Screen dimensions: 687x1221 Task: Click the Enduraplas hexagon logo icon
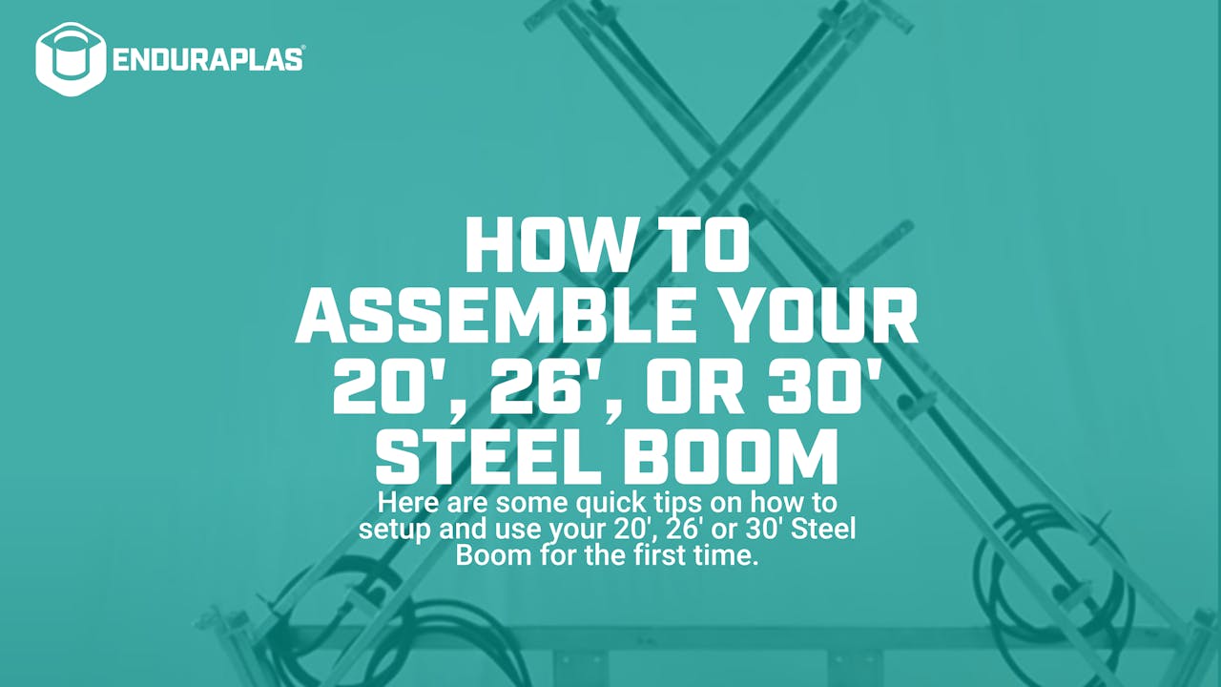[x=70, y=58]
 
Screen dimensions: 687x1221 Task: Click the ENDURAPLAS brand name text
[x=208, y=59]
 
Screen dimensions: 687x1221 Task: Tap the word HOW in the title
[x=535, y=245]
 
